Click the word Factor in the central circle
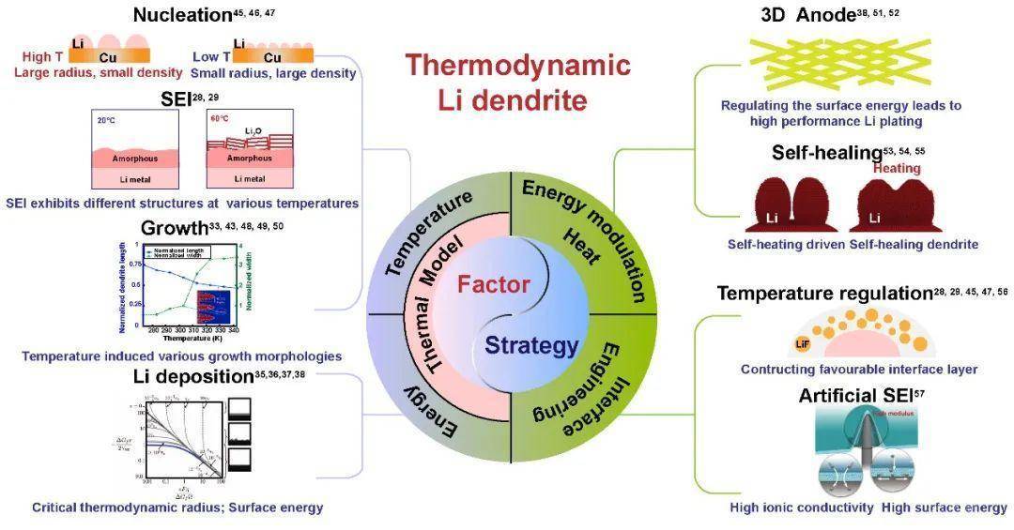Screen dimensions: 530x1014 point(494,283)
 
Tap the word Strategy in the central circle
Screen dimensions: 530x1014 point(531,346)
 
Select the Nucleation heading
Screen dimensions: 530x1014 point(182,15)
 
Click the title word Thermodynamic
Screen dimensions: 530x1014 point(517,66)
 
